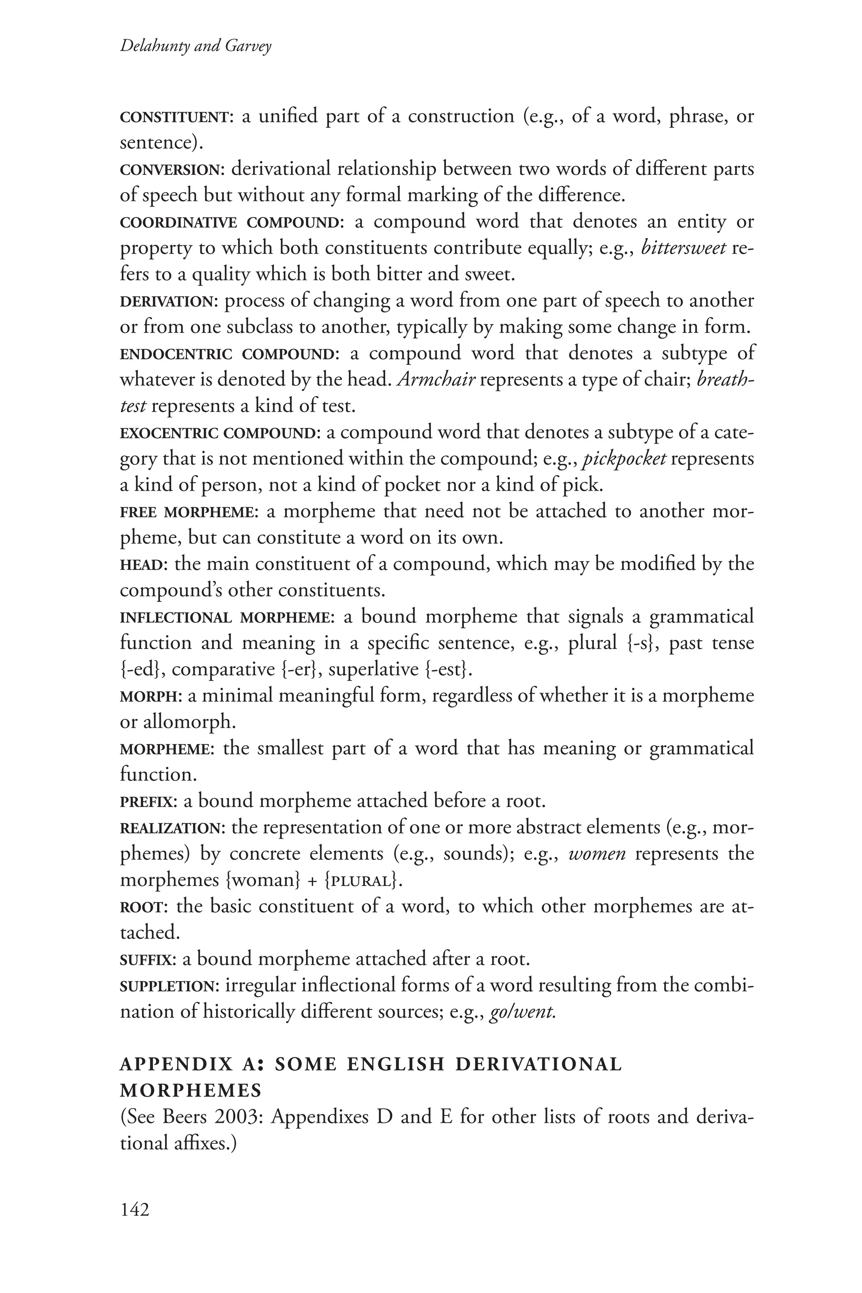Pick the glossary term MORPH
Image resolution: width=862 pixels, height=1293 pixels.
[149, 697]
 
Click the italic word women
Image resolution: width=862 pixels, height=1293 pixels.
[597, 854]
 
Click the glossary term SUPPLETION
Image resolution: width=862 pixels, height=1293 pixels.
[169, 986]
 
